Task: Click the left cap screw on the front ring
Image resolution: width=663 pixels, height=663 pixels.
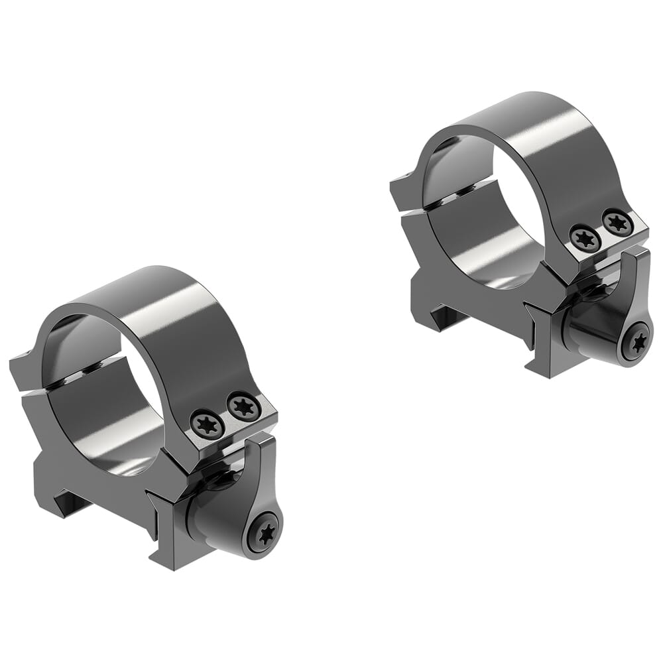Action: pyautogui.click(x=208, y=423)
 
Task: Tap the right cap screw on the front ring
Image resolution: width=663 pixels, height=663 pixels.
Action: pyautogui.click(x=243, y=406)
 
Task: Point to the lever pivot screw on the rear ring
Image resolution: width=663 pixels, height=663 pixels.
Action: pyautogui.click(x=636, y=343)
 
